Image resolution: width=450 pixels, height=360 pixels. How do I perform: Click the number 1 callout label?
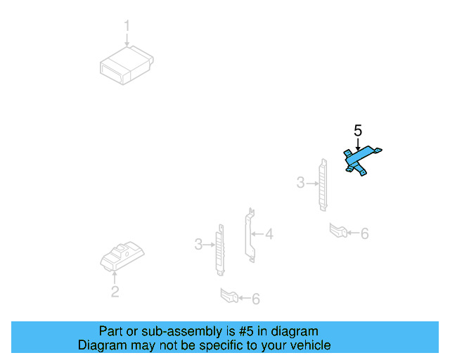click(127, 27)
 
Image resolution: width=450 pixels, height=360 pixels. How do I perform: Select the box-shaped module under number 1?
click(126, 65)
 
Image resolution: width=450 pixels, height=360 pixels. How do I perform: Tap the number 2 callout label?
click(115, 292)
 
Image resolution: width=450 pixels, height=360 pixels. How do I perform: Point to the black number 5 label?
click(358, 130)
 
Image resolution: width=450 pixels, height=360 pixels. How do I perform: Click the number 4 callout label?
click(269, 233)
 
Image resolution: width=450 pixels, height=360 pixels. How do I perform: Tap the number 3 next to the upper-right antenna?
click(300, 183)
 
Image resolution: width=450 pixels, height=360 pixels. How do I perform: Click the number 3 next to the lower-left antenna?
click(198, 244)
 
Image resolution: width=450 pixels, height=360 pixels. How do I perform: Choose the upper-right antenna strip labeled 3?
click(323, 184)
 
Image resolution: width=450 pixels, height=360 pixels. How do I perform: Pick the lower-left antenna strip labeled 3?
click(220, 248)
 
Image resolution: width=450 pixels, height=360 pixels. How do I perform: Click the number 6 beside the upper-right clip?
click(364, 233)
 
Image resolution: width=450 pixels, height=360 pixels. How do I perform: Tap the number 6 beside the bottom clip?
click(255, 300)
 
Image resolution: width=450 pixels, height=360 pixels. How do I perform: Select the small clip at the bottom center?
click(229, 296)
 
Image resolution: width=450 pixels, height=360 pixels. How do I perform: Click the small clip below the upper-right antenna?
click(338, 230)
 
